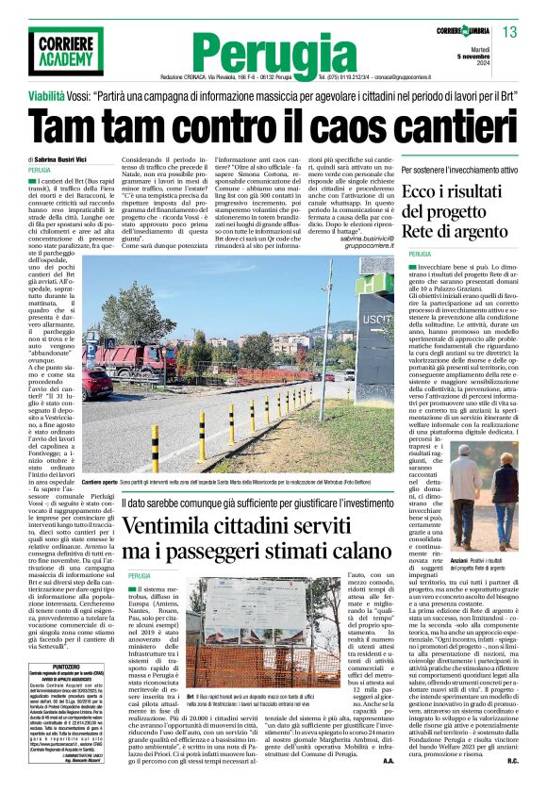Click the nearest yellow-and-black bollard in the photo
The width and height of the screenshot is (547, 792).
pos(155,447)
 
